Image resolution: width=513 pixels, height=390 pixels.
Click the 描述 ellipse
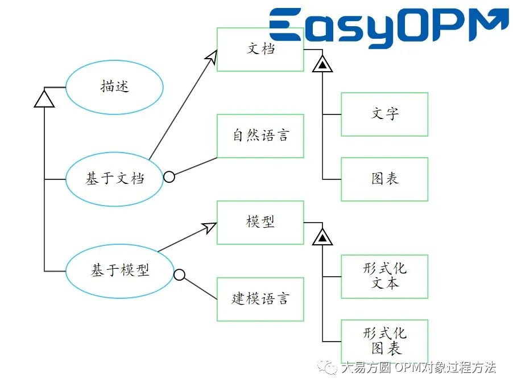tap(114, 87)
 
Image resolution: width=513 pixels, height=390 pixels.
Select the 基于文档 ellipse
tap(114, 178)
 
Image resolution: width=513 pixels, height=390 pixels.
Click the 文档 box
tap(260, 50)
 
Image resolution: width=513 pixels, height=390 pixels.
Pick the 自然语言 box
tap(260, 136)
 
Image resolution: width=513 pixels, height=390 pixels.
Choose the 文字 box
tap(384, 114)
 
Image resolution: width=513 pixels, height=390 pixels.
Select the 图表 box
tap(384, 179)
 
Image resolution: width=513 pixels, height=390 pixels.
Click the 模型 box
tap(260, 222)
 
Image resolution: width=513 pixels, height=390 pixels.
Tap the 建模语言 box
tap(260, 299)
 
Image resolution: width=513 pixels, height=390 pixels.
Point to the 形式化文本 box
tap(384, 277)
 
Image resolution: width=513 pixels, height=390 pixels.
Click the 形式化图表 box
tap(384, 341)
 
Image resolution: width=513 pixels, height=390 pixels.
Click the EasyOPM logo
tap(388, 26)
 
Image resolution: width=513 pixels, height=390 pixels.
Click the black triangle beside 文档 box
tap(322, 65)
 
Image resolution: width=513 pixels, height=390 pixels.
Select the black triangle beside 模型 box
tap(322, 237)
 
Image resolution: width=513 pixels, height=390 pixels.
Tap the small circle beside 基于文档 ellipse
tap(169, 176)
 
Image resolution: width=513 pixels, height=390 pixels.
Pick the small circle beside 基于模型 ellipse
tap(179, 275)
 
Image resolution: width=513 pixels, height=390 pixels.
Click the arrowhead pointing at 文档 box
tap(212, 55)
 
